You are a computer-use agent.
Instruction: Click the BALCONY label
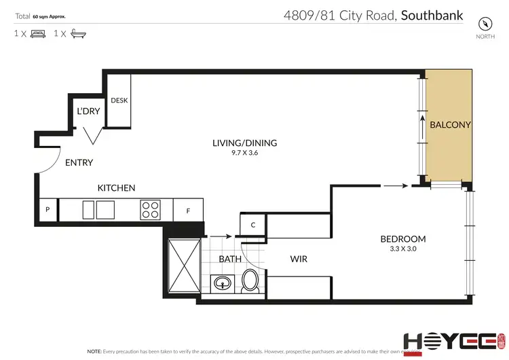pyautogui.click(x=450, y=125)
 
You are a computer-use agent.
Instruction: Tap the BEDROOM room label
pyautogui.click(x=402, y=238)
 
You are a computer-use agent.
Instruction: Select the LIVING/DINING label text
pyautogui.click(x=245, y=143)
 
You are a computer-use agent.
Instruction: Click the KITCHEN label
pyautogui.click(x=116, y=188)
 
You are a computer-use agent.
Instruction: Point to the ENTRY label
pyautogui.click(x=79, y=163)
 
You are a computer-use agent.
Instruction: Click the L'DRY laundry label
pyautogui.click(x=88, y=111)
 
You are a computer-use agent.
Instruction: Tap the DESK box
pyautogui.click(x=119, y=101)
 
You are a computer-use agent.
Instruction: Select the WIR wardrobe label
pyautogui.click(x=300, y=259)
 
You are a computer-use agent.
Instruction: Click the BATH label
pyautogui.click(x=230, y=259)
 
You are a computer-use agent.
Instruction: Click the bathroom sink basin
pyautogui.click(x=222, y=282)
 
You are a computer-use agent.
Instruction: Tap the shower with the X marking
pyautogui.click(x=183, y=265)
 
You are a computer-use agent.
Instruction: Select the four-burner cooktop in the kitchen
pyautogui.click(x=151, y=210)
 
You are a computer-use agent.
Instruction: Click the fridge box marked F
pyautogui.click(x=187, y=211)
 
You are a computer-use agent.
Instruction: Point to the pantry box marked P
pyautogui.click(x=48, y=210)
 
